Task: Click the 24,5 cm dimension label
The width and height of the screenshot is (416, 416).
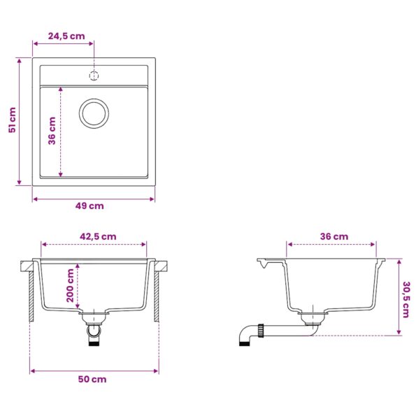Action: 66,36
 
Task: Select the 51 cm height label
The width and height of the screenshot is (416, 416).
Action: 12,120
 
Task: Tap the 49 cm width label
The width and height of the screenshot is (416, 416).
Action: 89,206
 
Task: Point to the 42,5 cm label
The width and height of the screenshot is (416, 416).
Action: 98,236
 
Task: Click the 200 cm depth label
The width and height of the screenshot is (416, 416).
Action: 71,285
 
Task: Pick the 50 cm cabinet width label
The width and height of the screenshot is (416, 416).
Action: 92,379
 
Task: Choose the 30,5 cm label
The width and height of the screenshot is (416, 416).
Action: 406,299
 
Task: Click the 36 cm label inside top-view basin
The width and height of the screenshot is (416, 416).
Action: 52,131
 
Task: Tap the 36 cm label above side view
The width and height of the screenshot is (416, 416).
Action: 334,236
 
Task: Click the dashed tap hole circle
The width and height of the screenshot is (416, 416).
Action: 94,76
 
